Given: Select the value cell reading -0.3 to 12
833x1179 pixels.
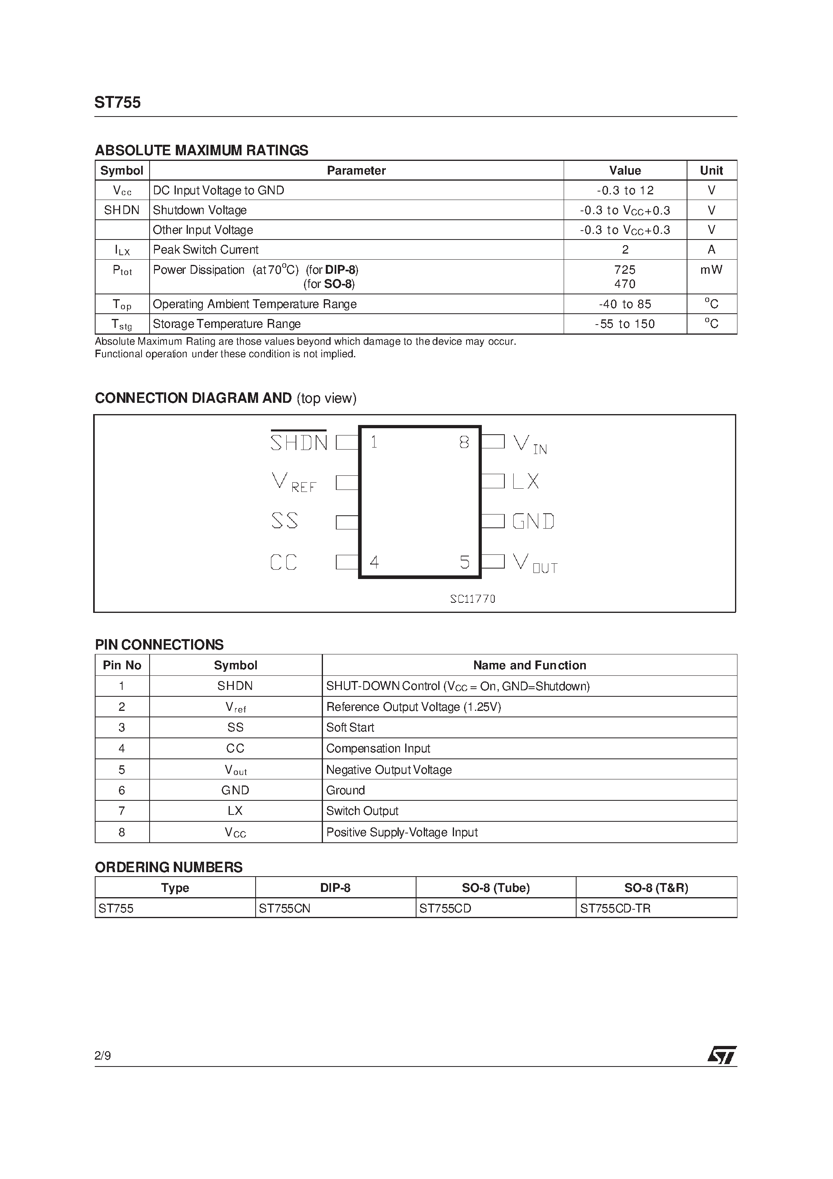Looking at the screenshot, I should coord(625,190).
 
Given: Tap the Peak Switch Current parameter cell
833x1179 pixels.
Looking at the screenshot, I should coord(205,250).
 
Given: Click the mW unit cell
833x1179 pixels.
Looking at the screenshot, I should coord(711,270).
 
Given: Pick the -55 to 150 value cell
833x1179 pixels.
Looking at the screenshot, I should coord(625,324).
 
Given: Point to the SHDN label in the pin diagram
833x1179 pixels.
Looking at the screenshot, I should coord(299,442).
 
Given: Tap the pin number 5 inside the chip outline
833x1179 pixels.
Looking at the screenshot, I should coord(464,562).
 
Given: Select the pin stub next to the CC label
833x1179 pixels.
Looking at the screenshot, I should coord(347,562).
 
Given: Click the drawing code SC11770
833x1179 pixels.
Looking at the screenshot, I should coord(473,599).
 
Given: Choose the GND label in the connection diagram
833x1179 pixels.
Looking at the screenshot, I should coord(533,521).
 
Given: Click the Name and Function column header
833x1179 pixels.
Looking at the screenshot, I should coord(529,665).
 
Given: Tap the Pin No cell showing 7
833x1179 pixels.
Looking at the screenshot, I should coord(122,811).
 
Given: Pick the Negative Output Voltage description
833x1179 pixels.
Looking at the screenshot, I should coord(389,770).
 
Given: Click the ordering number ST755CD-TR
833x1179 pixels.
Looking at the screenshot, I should coord(615,908).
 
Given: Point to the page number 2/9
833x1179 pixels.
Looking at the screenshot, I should coord(103,1056).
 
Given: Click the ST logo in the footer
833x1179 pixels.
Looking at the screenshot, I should coord(722,1055).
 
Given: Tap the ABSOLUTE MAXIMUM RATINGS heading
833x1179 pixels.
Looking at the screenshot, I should coord(201,150).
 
